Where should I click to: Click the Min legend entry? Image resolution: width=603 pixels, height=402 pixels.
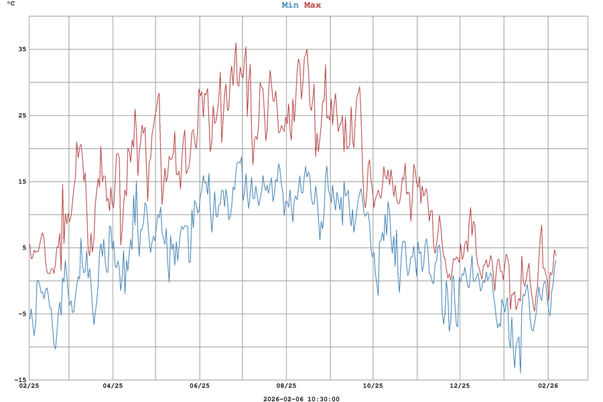290,5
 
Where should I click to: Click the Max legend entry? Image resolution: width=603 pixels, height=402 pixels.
312,5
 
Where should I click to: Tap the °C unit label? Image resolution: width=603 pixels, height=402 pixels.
11,4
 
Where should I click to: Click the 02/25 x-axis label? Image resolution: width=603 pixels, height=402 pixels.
29,386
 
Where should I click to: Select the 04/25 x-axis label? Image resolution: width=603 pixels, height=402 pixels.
113,386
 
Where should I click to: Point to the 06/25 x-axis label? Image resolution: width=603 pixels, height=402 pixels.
200,386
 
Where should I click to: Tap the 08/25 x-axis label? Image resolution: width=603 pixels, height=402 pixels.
286,386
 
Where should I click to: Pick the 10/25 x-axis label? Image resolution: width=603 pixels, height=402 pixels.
373,386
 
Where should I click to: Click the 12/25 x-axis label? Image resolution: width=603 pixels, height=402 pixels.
460,386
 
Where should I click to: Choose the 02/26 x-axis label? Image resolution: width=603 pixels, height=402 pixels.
548,386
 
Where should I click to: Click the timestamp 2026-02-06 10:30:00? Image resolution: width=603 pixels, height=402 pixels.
301,399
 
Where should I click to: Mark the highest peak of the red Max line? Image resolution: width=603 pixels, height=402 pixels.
236,43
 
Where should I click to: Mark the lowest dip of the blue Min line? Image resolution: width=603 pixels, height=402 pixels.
520,373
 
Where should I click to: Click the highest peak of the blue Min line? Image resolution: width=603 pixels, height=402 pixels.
242,157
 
